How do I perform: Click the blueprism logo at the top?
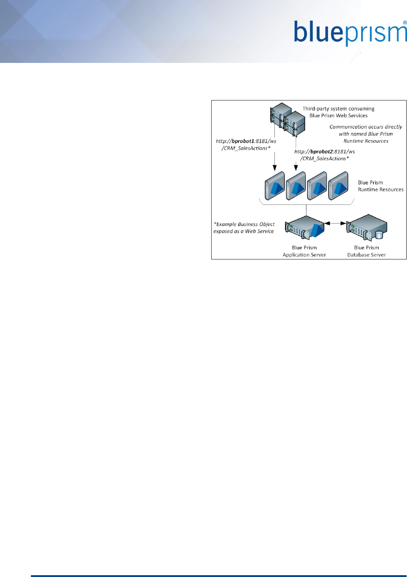(350, 33)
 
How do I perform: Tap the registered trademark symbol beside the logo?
(405, 22)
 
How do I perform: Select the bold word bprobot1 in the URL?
(243, 141)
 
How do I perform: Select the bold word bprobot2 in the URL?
(322, 151)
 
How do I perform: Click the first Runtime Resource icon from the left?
(275, 186)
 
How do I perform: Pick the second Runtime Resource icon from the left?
(296, 186)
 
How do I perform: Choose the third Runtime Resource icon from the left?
(317, 186)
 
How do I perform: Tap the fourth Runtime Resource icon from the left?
(338, 186)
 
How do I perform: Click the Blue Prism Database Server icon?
(367, 227)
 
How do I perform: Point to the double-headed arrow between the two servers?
(335, 223)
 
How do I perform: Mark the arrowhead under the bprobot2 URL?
(296, 168)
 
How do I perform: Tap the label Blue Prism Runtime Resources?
(381, 186)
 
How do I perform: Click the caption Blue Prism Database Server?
(367, 251)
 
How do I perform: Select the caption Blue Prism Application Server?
(304, 251)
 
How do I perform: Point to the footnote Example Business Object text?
(244, 227)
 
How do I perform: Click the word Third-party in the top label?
(315, 109)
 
